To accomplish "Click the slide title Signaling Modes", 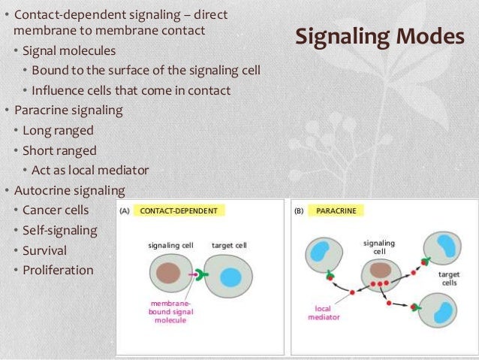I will point(379,37).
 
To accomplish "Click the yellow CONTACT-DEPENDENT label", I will point(179,211).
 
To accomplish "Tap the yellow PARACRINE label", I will point(336,211).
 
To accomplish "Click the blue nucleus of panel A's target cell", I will point(230,277).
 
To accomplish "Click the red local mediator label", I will point(324,313).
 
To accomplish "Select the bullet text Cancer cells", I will point(56,210).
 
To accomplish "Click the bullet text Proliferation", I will point(58,270).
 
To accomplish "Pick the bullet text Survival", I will point(44,250).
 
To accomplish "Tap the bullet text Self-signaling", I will point(60,230).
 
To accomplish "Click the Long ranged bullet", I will point(58,130).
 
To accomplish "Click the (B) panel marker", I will point(299,211).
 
